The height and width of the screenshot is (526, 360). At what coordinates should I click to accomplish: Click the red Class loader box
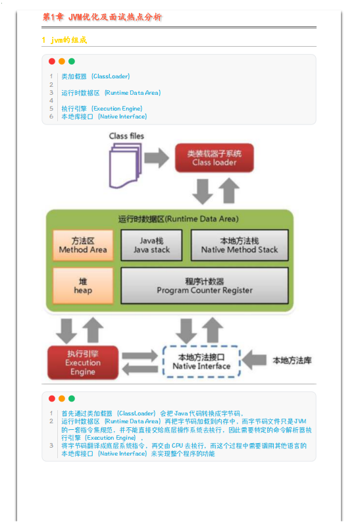click(215, 158)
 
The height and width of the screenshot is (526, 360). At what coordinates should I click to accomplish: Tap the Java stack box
click(151, 245)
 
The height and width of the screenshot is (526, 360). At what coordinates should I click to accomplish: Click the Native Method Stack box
click(240, 245)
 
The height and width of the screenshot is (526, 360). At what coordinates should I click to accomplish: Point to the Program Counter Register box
click(204, 286)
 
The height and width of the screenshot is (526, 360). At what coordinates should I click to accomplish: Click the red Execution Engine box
click(83, 363)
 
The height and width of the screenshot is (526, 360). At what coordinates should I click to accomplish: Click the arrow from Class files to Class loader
click(157, 158)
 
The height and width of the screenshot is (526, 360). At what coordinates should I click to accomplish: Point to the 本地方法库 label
click(292, 360)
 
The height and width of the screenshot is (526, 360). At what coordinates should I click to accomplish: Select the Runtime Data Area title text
click(178, 219)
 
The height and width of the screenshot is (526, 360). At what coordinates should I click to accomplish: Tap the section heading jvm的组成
click(64, 40)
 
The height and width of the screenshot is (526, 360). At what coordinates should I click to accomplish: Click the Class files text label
click(126, 136)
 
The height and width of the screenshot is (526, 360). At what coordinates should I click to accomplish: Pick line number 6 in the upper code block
click(51, 117)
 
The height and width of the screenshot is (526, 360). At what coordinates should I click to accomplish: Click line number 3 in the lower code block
click(51, 446)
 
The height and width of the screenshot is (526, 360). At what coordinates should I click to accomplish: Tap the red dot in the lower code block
click(52, 398)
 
